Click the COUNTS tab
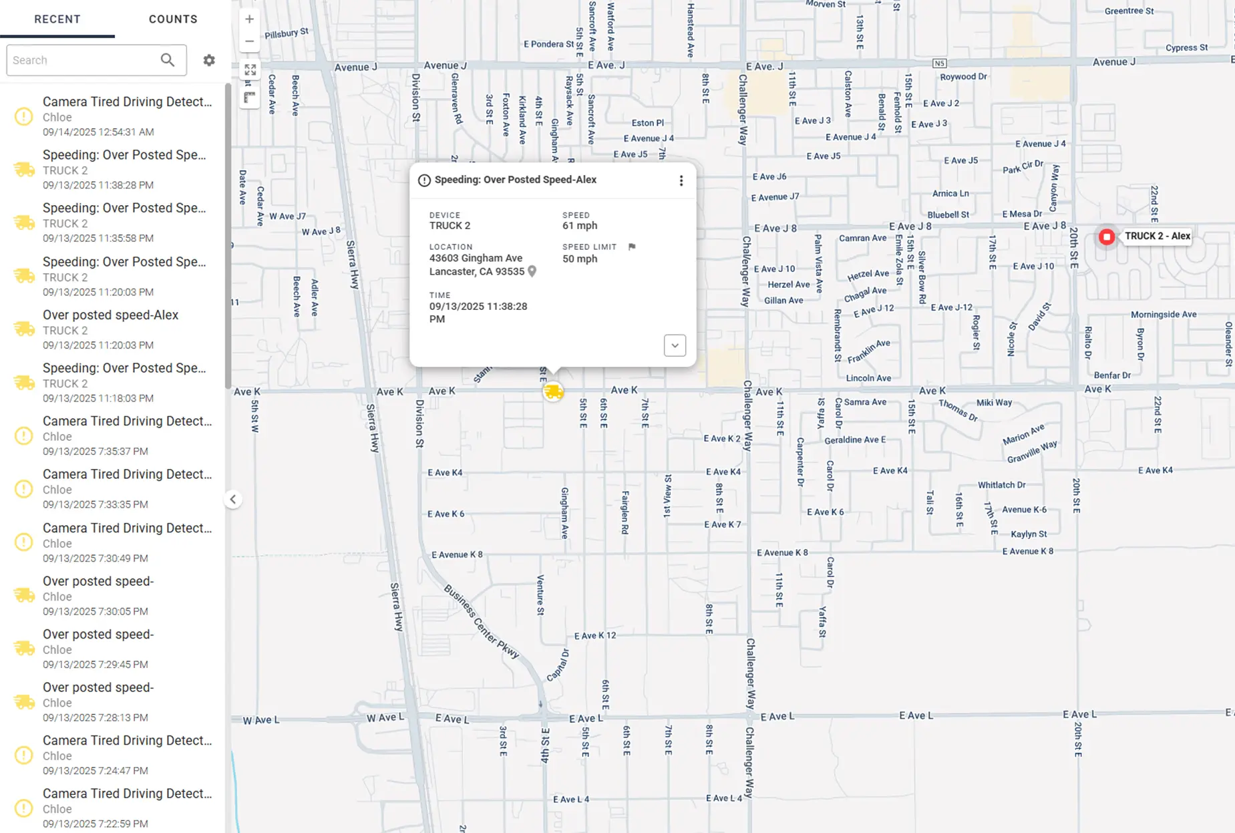173,19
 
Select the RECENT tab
57,19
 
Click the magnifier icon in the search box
168,60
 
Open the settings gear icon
209,60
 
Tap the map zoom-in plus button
249,19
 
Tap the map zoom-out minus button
249,41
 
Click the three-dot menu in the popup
681,180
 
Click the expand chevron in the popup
675,345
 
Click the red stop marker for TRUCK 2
1107,236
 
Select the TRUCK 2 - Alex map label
1157,236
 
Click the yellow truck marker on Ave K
553,391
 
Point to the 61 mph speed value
579,226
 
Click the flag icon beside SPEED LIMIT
632,246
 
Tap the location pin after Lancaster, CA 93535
532,271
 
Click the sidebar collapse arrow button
232,499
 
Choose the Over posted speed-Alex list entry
111,329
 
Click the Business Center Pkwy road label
482,622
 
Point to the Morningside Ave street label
1163,315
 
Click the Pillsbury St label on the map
287,33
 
